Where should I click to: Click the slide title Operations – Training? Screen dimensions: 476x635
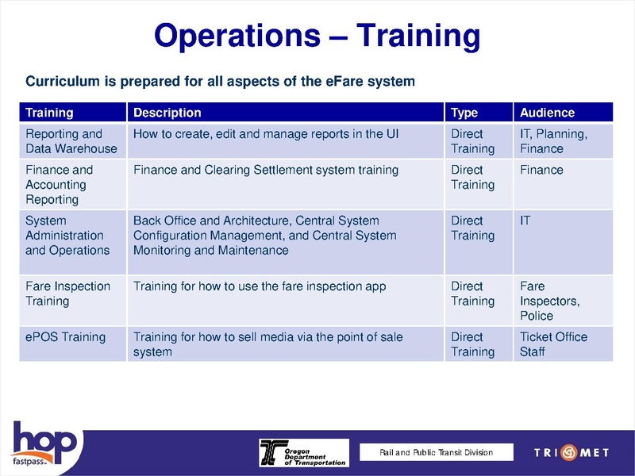[x=317, y=36]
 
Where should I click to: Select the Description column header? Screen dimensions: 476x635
[x=167, y=113]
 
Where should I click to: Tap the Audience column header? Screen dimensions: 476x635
[x=547, y=113]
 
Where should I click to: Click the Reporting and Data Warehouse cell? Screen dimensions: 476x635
[x=71, y=141]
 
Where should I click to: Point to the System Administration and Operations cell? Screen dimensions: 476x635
[x=67, y=235]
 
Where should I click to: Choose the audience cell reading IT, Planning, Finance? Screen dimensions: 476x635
[x=553, y=141]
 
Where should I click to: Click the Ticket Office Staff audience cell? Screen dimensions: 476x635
[x=553, y=344]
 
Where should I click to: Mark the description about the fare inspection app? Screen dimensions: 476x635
[x=260, y=286]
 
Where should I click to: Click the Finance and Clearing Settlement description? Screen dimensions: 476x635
[x=266, y=170]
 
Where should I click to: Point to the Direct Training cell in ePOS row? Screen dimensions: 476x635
[x=472, y=344]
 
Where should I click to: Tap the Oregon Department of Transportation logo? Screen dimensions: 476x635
[x=302, y=452]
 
